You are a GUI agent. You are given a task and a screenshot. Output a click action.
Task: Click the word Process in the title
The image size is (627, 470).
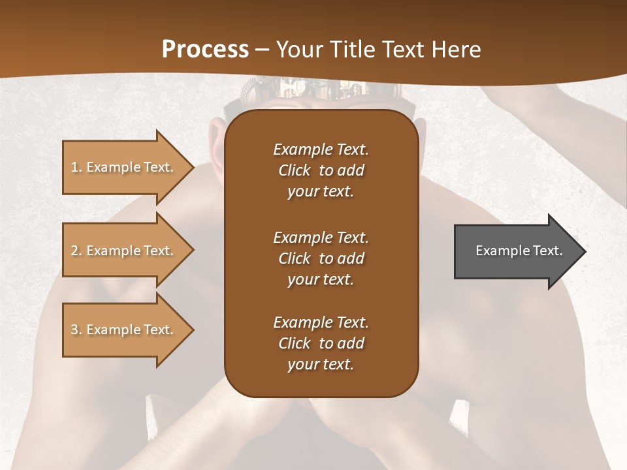point(205,50)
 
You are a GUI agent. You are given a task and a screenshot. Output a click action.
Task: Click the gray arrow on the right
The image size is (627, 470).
point(516,251)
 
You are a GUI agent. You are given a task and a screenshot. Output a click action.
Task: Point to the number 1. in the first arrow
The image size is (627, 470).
point(76,167)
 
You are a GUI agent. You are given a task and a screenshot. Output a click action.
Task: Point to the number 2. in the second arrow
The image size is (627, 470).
point(76,251)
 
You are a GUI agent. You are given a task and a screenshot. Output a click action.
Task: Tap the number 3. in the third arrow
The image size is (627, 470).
point(76,330)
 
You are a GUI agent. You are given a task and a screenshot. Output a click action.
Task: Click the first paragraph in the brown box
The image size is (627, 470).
point(321,170)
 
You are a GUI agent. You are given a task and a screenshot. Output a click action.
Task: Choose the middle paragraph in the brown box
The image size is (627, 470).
point(321,258)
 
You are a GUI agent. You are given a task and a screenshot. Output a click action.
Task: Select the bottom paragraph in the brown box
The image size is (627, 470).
point(321,343)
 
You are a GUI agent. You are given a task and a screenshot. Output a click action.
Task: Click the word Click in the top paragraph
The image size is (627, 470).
point(295,170)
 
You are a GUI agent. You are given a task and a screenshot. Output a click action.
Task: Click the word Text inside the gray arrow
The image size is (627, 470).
point(547,251)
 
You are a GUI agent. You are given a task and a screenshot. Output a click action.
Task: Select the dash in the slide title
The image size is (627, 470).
point(263,50)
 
